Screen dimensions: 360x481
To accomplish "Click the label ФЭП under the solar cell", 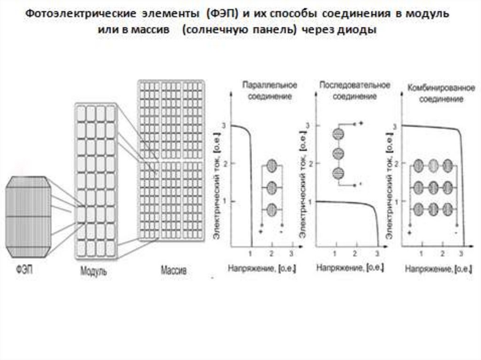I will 23,271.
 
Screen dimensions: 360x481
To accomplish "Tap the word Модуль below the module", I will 93,271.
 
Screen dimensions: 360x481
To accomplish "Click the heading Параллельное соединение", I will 269,91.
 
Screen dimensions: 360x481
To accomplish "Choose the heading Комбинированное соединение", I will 441,94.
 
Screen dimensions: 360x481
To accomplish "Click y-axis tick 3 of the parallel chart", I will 225,125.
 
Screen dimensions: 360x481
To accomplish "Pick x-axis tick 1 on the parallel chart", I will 251,254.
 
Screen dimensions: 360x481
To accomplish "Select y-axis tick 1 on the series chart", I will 310,201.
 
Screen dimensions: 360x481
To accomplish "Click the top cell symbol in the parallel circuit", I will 272,166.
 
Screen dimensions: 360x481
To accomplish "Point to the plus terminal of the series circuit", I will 361,123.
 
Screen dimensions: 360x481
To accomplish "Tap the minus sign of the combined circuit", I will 456,232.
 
